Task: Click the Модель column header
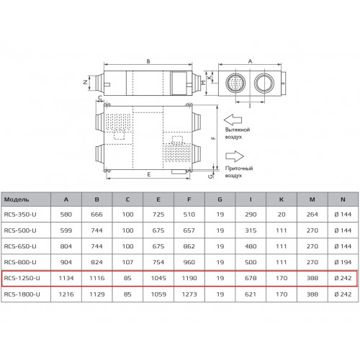(17, 199)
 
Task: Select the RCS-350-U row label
(20, 215)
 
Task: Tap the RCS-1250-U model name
(22, 278)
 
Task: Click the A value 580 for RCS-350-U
(66, 215)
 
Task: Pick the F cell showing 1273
(189, 294)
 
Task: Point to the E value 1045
(158, 278)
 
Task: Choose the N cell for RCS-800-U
(343, 262)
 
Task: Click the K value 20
(282, 215)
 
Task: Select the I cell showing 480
(251, 246)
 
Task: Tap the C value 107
(127, 262)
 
